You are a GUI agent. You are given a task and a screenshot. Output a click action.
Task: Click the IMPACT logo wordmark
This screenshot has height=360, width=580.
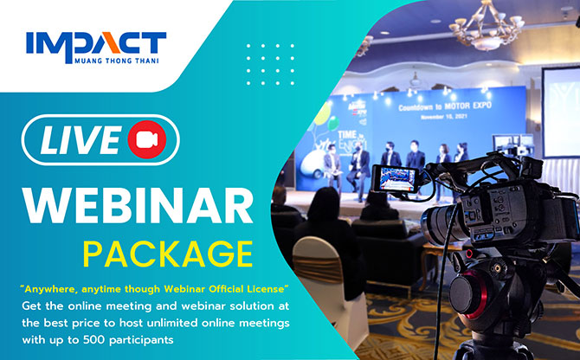pos(96,43)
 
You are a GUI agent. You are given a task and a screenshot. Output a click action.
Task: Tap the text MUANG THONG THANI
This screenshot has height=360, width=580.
pos(117,61)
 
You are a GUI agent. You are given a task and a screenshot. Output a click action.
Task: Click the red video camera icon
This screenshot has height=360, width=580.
pos(147,139)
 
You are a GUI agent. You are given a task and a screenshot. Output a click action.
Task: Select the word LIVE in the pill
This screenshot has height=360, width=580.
pos(81,139)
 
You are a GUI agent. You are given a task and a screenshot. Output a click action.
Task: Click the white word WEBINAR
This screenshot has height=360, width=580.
pos(138,205)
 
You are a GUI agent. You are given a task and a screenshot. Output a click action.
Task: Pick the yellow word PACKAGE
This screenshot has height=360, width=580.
pos(168,254)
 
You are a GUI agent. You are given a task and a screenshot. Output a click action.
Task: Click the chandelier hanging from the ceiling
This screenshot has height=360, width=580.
pos(487,25)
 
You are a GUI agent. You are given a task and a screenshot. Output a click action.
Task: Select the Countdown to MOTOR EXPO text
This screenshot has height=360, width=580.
pos(445,106)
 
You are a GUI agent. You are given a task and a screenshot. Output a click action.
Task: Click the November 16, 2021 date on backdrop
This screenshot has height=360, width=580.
pos(444,117)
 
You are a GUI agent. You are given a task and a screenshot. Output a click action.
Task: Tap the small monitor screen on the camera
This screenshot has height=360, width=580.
pos(396,179)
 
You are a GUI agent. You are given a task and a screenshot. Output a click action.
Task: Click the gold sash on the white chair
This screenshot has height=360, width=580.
pos(318,269)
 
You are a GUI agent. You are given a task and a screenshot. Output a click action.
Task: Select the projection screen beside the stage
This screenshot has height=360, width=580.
pos(561,112)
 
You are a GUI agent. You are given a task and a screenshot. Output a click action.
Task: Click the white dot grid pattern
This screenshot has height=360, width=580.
pos(270,65)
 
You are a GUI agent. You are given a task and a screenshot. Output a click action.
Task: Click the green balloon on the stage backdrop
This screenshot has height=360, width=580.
pos(333,124)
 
